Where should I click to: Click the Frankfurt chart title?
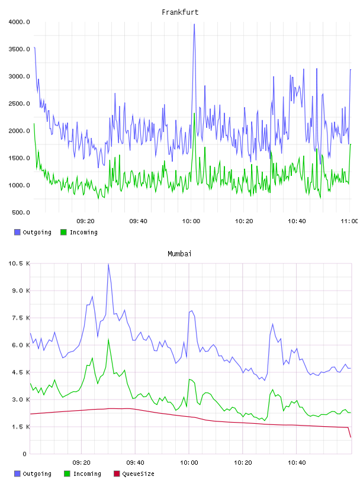[x=180, y=12]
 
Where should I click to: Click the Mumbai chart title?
[x=179, y=254]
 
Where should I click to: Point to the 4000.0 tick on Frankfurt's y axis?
[x=19, y=22]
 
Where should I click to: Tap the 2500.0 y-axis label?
[x=19, y=104]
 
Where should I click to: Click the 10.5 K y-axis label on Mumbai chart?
[x=19, y=263]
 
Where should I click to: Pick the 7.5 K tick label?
[x=21, y=318]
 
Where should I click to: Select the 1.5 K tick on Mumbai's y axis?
[x=21, y=427]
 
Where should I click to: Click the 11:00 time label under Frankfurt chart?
[x=349, y=221]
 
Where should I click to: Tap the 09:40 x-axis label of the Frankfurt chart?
[x=138, y=221]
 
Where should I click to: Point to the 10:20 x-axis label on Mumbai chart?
[x=243, y=463]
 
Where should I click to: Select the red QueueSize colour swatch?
[x=117, y=474]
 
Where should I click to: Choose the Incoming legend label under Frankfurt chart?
[x=83, y=232]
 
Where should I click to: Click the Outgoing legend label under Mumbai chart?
[x=37, y=474]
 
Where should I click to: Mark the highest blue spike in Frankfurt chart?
[x=194, y=24]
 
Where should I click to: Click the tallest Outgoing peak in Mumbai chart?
[x=108, y=265]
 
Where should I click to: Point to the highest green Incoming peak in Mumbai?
[x=108, y=339]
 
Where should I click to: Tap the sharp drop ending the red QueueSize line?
[x=349, y=432]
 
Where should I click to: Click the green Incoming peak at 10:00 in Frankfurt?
[x=194, y=114]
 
